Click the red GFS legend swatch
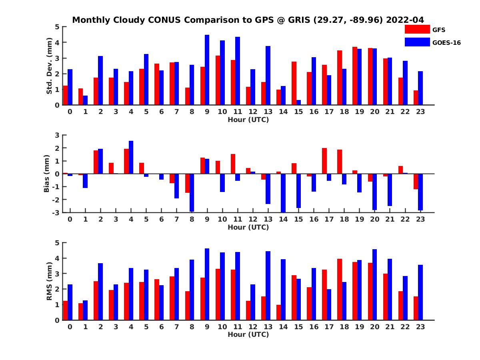[x=416, y=29]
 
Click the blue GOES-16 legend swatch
[x=416, y=42]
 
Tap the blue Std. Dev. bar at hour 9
[x=207, y=70]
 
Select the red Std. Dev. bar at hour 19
[x=354, y=76]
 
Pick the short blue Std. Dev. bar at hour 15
[x=298, y=102]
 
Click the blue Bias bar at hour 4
[x=131, y=157]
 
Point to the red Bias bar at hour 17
[x=324, y=161]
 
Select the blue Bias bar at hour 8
[x=192, y=192]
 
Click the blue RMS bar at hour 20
[x=374, y=284]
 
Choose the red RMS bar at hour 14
[x=278, y=312]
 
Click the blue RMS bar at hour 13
[x=268, y=286]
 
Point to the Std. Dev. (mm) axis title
[x=50, y=66]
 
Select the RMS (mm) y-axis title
[x=50, y=282]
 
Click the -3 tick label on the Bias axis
[x=56, y=212]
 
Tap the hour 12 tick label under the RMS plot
[x=252, y=327]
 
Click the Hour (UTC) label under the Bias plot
[x=248, y=227]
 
